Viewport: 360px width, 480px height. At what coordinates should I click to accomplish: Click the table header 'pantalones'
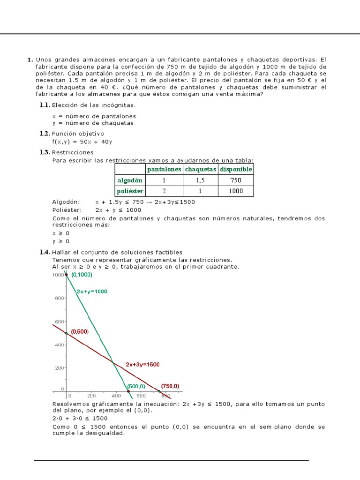pos(164,169)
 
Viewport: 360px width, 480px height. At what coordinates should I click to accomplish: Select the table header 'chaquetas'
pos(201,169)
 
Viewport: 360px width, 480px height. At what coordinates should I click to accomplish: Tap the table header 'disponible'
pos(236,169)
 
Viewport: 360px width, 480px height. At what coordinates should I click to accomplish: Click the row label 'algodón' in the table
pos(129,180)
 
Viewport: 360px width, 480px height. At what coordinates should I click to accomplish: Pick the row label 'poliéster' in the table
pos(130,191)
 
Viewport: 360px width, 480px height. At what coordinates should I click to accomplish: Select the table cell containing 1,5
pos(201,180)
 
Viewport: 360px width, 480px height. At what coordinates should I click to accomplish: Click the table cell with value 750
pos(236,180)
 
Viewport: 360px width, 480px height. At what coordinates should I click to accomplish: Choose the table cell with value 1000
pos(236,191)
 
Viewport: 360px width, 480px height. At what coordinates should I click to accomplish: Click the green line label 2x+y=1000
pos(92,291)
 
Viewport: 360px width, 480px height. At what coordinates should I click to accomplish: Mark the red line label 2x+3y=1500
pos(142,364)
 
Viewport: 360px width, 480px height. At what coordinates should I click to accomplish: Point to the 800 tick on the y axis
pos(58,298)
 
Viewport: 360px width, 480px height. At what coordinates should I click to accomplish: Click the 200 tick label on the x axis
pos(90,396)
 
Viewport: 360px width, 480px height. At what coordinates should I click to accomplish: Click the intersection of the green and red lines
pos(112,361)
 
